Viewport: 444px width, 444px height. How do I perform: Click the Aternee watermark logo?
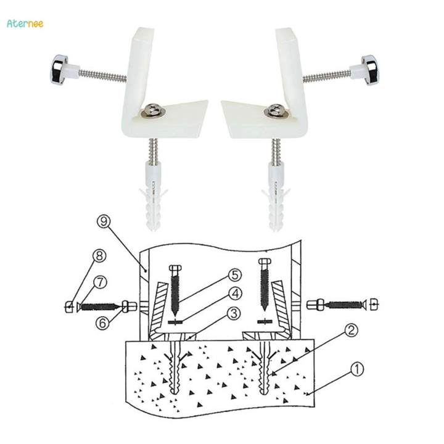point(25,23)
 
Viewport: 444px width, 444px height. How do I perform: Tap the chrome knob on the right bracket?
point(369,70)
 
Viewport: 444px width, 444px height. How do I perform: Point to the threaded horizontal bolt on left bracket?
point(102,75)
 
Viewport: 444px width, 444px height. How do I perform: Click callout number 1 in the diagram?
point(358,369)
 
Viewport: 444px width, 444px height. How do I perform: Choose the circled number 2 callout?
point(350,331)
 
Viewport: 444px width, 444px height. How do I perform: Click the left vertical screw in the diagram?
point(175,287)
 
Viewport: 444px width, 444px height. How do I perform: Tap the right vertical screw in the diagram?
point(265,284)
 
